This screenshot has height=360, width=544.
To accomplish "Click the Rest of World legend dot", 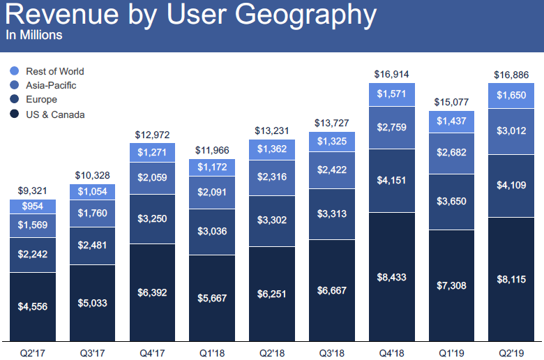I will point(15,71).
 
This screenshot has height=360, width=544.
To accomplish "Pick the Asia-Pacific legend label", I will point(51,85).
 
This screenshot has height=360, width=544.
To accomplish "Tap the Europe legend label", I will point(41,100).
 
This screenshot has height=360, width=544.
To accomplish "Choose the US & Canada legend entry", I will point(55,114).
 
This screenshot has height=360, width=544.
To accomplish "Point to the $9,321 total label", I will point(33,190).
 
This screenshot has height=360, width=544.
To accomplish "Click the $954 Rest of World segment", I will point(33,207).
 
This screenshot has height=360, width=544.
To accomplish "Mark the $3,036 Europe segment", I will point(213,232).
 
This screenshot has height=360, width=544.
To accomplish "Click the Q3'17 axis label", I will point(93,352).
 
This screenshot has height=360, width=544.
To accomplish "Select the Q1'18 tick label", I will point(213,352).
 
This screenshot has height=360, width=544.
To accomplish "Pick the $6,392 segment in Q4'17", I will point(153,292).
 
